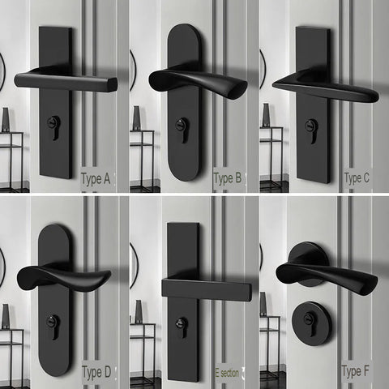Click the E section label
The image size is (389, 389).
coord(227,372)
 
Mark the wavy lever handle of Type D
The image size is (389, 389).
coord(65,279)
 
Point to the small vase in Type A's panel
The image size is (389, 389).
coord(6,119)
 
